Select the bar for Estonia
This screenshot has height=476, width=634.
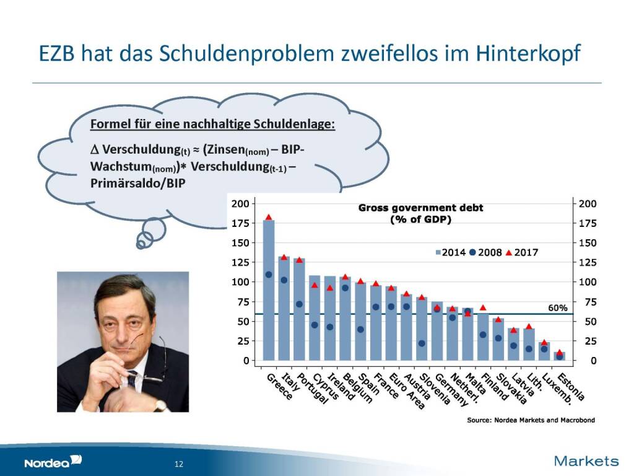coord(560,356)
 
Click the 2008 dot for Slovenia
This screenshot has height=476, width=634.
coord(422,343)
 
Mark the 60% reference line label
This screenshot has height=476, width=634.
coord(558,307)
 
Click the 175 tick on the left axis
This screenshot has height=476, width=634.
coord(240,223)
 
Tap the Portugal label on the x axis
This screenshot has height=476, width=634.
coord(313,389)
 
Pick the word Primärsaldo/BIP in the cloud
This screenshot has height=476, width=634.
coord(138,184)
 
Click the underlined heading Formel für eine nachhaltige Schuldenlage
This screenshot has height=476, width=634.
coord(213,124)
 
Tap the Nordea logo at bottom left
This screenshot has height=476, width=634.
coord(53,461)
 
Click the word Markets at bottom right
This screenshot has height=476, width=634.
coord(586,461)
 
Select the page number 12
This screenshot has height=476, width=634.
coord(180,464)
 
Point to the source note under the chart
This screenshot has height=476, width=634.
coord(531,420)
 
